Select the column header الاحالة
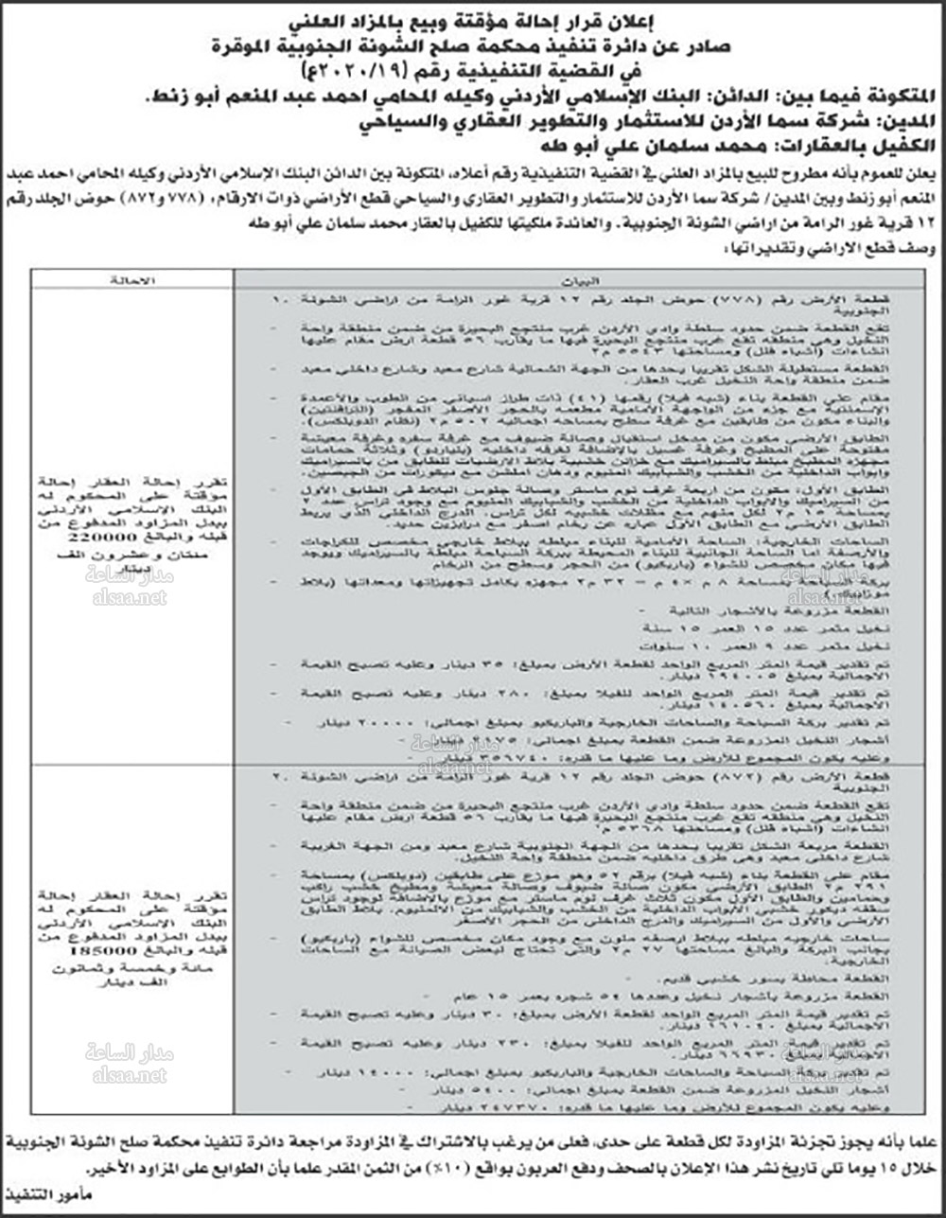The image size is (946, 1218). coord(131,281)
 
